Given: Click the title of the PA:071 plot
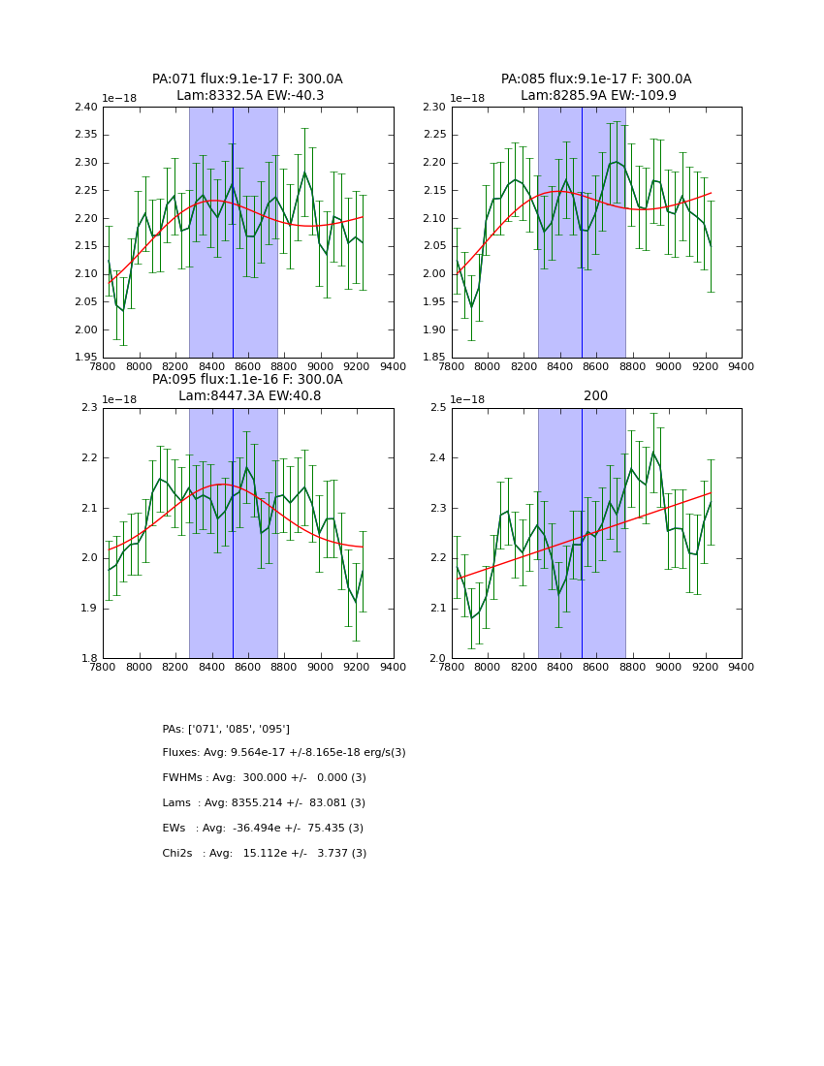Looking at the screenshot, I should coord(247,79).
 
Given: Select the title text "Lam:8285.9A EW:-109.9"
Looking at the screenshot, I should coord(596,96).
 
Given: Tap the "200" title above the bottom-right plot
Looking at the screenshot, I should coord(595,396).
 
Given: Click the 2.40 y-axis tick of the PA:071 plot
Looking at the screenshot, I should coord(87,108).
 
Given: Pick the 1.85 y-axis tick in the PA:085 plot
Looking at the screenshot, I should coord(436,358).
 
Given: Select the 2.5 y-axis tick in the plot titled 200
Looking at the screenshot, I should coord(439,408).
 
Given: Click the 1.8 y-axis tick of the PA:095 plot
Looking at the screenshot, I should coord(90,659).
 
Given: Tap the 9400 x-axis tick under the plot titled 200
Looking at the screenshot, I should coord(741,668).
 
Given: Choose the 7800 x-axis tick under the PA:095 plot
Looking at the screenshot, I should coord(103,668).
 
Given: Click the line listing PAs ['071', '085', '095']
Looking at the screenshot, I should coord(226,729).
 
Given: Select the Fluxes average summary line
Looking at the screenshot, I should coord(284,753).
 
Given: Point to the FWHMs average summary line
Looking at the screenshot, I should coord(264,778).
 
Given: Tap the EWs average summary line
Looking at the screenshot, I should coord(263,829).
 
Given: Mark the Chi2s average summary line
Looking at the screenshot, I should coord(264,854).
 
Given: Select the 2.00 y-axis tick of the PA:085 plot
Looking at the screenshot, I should coord(436,274).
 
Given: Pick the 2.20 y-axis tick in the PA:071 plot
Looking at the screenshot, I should coord(87,219).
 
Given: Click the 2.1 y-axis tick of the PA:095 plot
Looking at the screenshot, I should coord(90,509).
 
